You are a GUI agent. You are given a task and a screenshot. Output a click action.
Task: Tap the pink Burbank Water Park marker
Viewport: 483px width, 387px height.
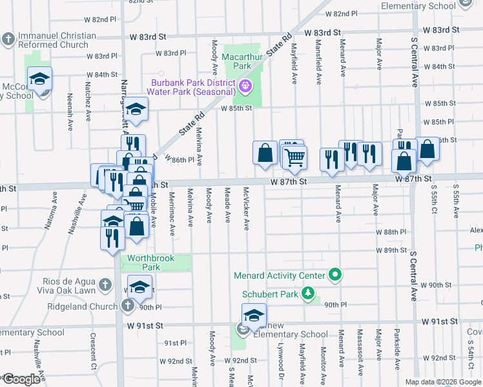245,86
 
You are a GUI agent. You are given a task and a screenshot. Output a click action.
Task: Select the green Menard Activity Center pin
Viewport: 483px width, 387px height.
334,275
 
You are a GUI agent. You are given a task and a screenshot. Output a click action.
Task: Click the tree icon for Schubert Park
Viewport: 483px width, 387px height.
309,294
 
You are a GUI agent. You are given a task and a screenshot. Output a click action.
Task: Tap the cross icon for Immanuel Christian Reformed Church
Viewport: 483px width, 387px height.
8,39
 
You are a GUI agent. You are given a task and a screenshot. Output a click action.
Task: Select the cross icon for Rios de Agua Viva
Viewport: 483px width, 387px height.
106,285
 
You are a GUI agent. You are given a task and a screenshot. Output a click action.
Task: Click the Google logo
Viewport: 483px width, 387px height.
21,379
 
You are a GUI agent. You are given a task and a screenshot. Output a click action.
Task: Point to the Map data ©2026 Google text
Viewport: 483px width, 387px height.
442,382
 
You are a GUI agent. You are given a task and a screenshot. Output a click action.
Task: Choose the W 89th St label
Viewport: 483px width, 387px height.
394,250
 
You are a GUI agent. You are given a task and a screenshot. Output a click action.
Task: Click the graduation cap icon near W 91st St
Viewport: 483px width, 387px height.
254,317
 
